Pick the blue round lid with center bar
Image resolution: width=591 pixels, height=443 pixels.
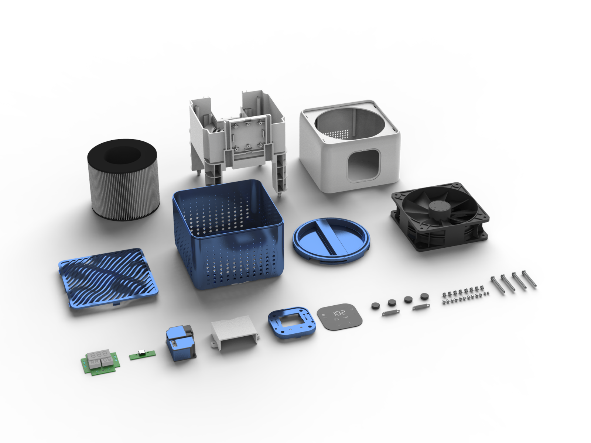pyautogui.click(x=331, y=240)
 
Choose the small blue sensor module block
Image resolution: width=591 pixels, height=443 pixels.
pyautogui.click(x=180, y=343)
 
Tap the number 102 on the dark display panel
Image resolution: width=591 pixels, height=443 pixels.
pyautogui.click(x=339, y=312)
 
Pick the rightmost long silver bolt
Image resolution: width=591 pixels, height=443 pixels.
pyautogui.click(x=529, y=279)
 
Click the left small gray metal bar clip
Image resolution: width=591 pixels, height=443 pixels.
pyautogui.click(x=391, y=313)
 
